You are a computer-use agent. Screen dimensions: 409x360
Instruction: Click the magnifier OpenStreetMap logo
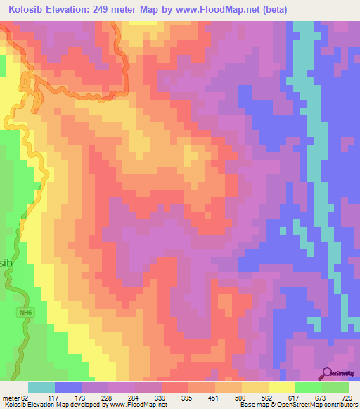pos(328,374)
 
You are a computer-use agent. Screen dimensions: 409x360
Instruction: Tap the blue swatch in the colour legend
pos(67,387)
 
